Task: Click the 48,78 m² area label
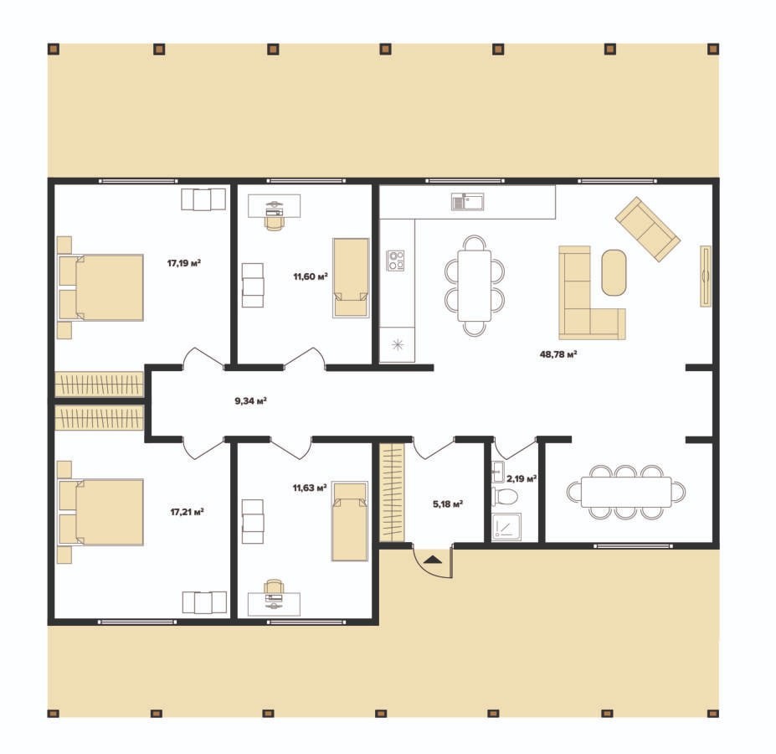(x=558, y=354)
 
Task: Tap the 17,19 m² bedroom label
(x=183, y=263)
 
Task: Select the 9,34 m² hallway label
(x=251, y=400)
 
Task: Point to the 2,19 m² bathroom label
(x=522, y=479)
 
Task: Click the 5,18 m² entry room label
(x=448, y=504)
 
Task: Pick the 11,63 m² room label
(x=310, y=488)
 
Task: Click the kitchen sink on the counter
(x=468, y=202)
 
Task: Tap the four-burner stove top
(x=395, y=261)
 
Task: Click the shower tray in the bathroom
(x=506, y=527)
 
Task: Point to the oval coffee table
(x=614, y=272)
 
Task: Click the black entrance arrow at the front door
(x=434, y=560)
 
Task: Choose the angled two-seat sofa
(x=647, y=229)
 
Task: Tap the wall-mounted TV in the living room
(x=705, y=276)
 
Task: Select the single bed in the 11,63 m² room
(x=350, y=521)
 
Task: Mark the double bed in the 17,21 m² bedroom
(x=101, y=512)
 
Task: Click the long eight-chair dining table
(x=626, y=492)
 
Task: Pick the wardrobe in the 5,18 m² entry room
(x=392, y=493)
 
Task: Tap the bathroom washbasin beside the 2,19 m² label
(x=498, y=472)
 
